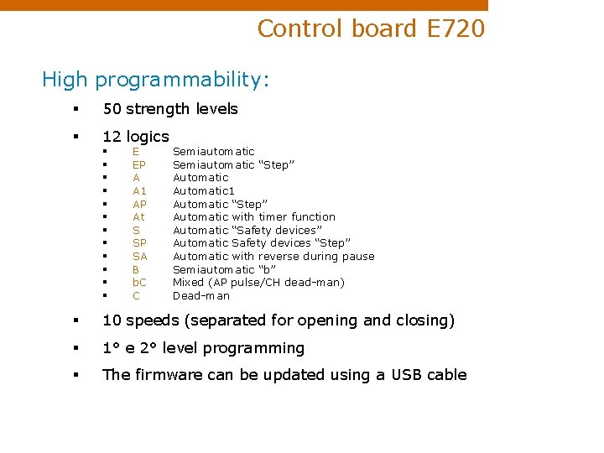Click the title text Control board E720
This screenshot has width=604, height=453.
tap(371, 29)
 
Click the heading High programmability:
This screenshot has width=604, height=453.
tap(156, 80)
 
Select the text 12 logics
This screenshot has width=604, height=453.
tap(136, 136)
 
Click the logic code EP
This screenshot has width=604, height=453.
tap(139, 164)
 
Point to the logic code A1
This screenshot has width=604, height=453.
tap(139, 190)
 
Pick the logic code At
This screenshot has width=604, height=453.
tap(138, 216)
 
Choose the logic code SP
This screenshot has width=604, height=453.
tap(139, 243)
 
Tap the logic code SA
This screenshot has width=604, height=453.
tap(139, 256)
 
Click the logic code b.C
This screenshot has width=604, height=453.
tap(139, 283)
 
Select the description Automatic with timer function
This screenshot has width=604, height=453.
tap(254, 216)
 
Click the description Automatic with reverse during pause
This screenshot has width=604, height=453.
tap(273, 256)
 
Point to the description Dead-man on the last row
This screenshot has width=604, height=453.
tap(201, 296)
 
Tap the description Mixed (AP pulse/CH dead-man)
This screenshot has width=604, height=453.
tap(258, 283)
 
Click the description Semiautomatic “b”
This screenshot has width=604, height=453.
tap(224, 269)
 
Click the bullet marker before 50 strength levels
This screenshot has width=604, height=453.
tap(75, 109)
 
